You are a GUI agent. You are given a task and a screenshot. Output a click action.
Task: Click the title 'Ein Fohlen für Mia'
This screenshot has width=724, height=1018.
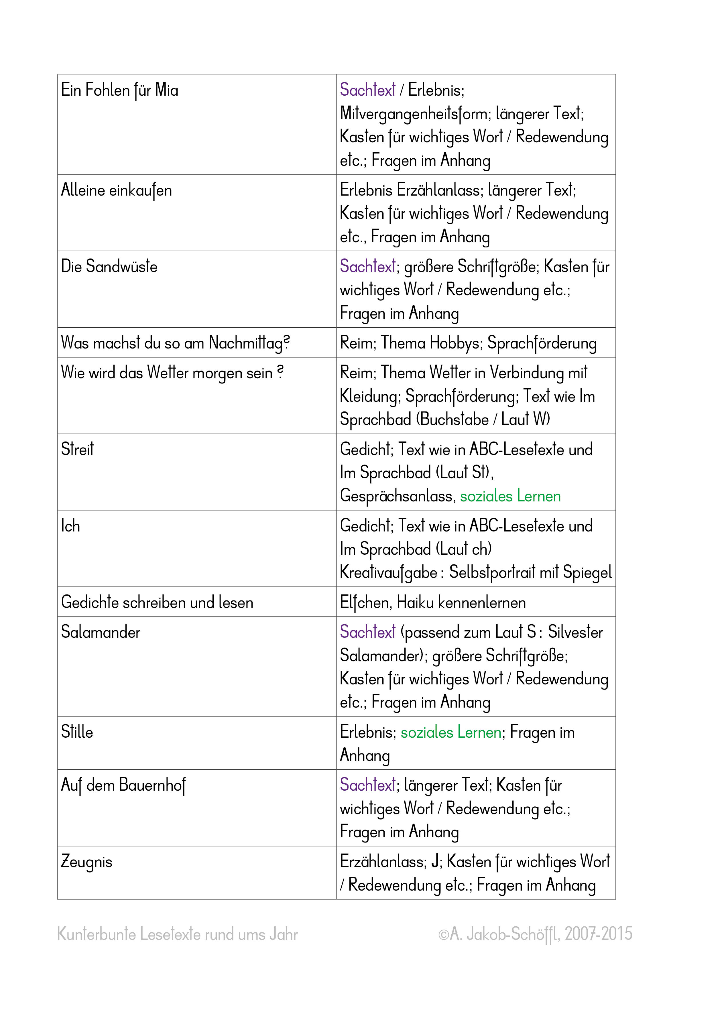click(119, 90)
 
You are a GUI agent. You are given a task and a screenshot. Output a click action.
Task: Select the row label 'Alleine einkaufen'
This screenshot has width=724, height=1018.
click(116, 191)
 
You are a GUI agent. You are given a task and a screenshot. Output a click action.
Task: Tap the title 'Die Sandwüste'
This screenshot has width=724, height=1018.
click(109, 267)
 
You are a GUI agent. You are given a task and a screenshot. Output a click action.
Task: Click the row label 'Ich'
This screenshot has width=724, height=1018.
click(70, 526)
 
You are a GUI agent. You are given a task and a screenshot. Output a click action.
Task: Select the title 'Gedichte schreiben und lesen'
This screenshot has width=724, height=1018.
click(157, 602)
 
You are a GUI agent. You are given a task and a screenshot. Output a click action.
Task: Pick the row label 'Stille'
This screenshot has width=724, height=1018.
click(77, 732)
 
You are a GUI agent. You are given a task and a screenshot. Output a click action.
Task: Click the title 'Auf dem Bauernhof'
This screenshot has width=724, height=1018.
click(123, 785)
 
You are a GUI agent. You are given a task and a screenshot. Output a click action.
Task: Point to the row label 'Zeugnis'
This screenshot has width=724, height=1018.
click(86, 862)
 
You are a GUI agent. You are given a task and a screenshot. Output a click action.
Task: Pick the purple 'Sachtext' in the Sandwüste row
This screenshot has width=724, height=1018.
click(368, 267)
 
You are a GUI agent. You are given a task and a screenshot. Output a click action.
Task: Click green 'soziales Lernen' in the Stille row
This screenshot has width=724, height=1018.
click(451, 732)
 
